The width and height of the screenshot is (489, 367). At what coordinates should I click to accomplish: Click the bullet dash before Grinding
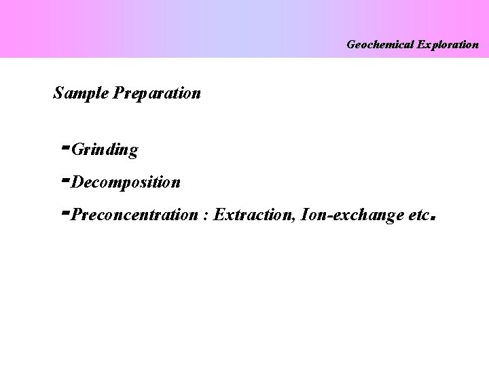[x=65, y=145]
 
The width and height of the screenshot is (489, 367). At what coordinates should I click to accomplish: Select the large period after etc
[x=432, y=220]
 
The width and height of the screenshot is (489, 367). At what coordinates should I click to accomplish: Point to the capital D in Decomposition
[x=76, y=182]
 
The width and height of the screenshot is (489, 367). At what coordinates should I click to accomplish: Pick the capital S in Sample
[x=58, y=93]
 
